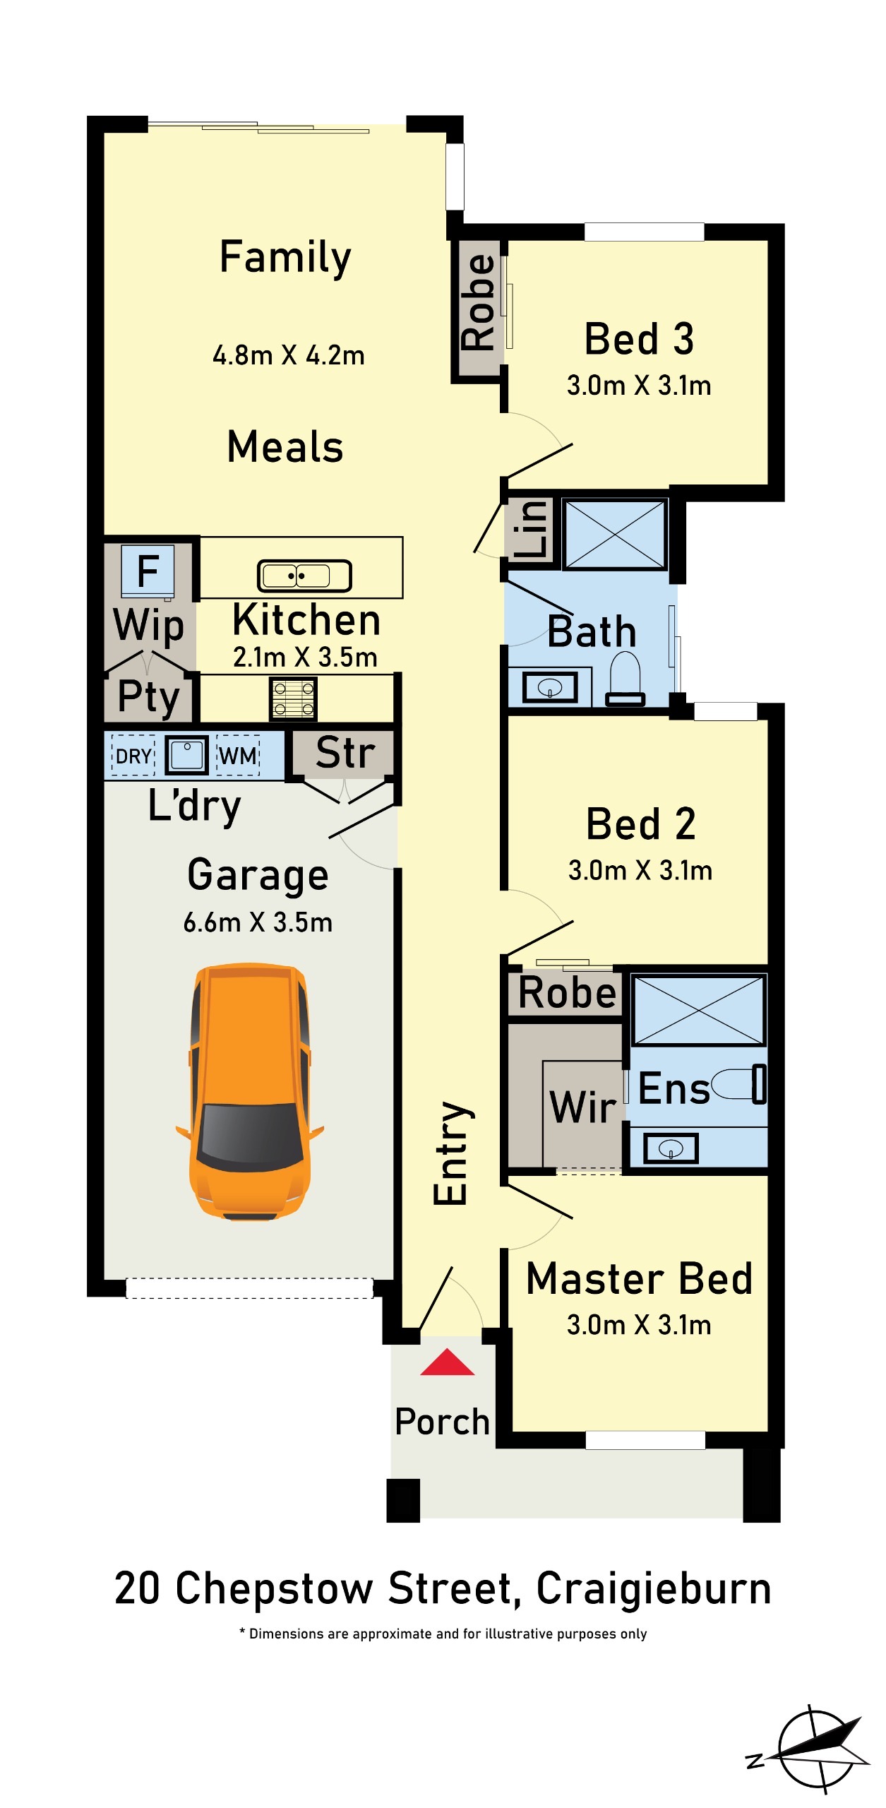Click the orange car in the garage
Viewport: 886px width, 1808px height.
click(x=249, y=1091)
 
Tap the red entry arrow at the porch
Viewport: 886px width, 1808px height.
click(x=447, y=1362)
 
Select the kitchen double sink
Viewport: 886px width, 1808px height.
click(x=304, y=576)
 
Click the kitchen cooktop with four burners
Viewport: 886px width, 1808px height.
click(x=293, y=698)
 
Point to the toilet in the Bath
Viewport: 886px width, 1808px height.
click(x=625, y=679)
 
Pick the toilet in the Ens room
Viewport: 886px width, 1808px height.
click(x=738, y=1084)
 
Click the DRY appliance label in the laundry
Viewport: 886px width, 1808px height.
click(x=133, y=756)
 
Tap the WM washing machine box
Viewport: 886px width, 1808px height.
click(x=238, y=756)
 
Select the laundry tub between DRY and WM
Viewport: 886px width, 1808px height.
click(x=186, y=756)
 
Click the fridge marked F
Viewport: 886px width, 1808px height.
click(x=148, y=571)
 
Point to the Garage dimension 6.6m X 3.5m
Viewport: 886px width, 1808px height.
click(x=258, y=922)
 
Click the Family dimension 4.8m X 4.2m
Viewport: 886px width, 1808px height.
click(x=289, y=355)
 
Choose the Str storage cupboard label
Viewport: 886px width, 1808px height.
click(x=345, y=752)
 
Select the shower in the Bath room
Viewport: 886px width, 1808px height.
click(x=615, y=534)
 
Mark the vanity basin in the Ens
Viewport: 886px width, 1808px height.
click(x=671, y=1148)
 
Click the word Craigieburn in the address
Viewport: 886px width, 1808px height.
click(x=654, y=1589)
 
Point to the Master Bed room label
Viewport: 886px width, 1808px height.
click(x=640, y=1279)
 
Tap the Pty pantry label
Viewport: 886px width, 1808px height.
click(x=149, y=697)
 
